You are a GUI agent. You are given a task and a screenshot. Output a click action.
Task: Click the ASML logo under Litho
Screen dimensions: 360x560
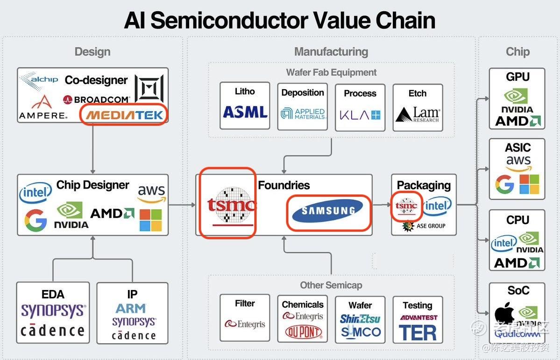[x=245, y=112]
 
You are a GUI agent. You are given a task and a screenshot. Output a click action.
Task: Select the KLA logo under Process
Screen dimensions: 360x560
[x=360, y=114]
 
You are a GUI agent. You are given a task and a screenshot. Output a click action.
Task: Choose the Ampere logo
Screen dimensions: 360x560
[x=43, y=108]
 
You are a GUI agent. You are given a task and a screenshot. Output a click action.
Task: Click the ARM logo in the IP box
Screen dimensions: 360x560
[x=131, y=309]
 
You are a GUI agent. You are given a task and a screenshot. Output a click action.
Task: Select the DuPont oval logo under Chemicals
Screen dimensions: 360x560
[x=303, y=332]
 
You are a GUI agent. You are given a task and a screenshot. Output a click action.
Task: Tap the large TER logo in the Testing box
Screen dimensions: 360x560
[x=418, y=332]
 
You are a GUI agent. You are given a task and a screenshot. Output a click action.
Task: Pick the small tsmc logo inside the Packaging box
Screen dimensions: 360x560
[x=406, y=206]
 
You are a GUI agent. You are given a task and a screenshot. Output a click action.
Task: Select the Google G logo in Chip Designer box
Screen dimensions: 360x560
[x=36, y=220]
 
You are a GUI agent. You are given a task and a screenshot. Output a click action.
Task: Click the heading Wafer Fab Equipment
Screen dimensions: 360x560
[x=331, y=72]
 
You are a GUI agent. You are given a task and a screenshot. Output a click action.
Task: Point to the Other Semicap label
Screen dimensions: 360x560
[x=331, y=285]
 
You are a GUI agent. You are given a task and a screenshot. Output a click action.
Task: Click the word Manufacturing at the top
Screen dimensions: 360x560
[x=331, y=52]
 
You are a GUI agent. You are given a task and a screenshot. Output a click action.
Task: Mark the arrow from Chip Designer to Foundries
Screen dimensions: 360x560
[x=182, y=205]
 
